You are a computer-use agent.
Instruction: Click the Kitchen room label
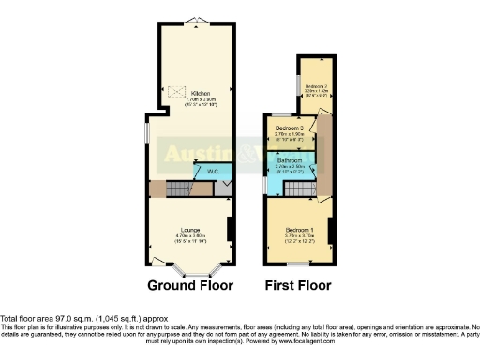[200, 94]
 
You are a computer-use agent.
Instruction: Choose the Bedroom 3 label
[290, 127]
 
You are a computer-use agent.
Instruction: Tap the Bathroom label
[291, 160]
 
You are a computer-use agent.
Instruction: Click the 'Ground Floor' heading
[190, 284]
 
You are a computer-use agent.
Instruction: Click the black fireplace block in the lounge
[231, 229]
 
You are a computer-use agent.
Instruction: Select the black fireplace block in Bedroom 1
[330, 227]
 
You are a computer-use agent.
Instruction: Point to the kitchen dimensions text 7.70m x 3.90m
[200, 99]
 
